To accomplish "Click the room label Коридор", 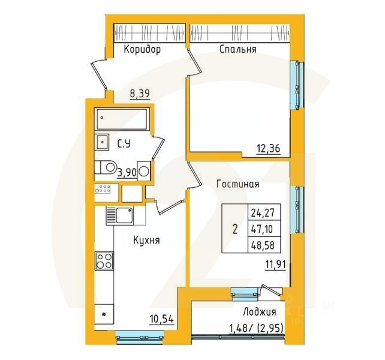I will [x=142, y=50].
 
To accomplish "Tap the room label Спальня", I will [x=238, y=50].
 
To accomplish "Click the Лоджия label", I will [x=260, y=312].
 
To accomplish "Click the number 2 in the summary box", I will [x=234, y=229].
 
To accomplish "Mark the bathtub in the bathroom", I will [x=122, y=119].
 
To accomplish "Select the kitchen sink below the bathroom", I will [x=119, y=214].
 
